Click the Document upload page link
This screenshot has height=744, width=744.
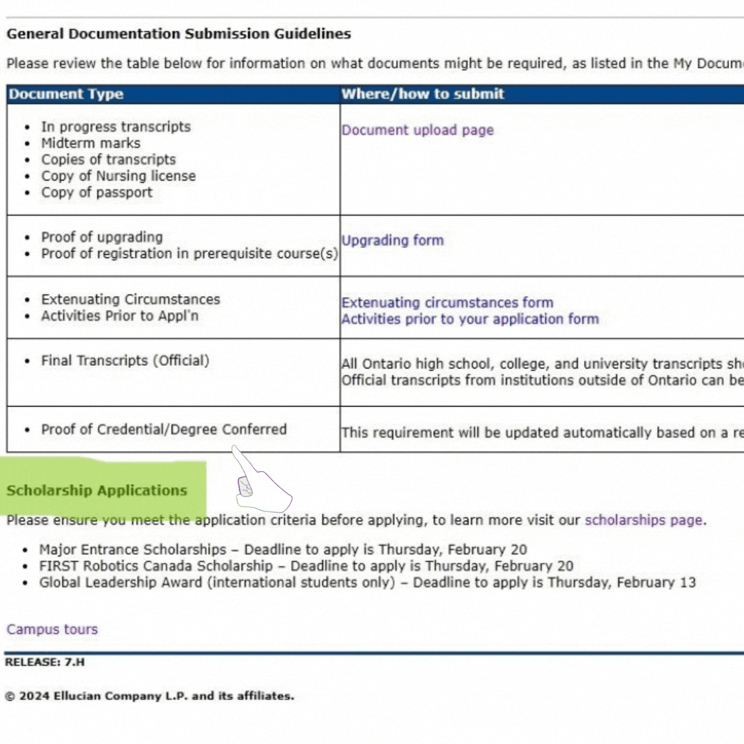coord(417,130)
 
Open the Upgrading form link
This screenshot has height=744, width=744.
coord(393,240)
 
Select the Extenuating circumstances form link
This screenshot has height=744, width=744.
coord(447,302)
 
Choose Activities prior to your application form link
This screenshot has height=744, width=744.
coord(470,319)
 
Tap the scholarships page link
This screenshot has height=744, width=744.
coord(643,520)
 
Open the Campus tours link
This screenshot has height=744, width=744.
coord(52,629)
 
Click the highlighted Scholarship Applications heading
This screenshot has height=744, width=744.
coord(97,490)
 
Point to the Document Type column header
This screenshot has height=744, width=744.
coord(66,94)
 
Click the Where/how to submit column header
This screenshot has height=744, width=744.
coord(423,94)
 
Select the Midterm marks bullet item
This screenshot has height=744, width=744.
coord(90,143)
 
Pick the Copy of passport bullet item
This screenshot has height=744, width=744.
coord(96,192)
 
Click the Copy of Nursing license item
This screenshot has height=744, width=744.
coord(118,176)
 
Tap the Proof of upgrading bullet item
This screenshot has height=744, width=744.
coord(102,237)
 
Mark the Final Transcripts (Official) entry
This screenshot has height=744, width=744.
coord(125,360)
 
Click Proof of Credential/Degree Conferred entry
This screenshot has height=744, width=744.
coord(163,429)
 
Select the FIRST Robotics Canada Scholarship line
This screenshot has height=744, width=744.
coord(306,566)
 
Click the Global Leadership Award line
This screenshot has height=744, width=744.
coord(367,583)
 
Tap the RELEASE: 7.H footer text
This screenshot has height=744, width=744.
coord(45,662)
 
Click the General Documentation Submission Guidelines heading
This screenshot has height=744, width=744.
coord(179,34)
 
